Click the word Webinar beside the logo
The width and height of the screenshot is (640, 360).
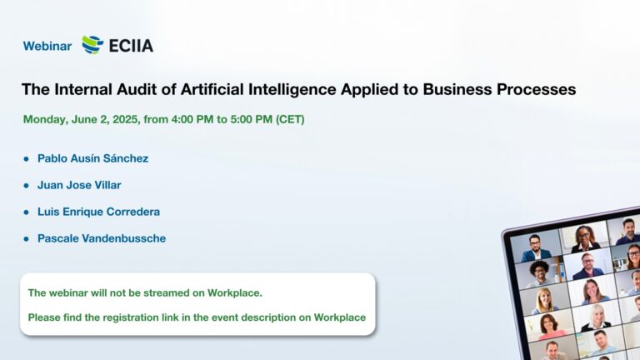pyautogui.click(x=47, y=46)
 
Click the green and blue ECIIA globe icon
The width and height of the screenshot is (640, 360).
pyautogui.click(x=92, y=45)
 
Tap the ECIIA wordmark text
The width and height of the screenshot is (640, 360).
pyautogui.click(x=131, y=46)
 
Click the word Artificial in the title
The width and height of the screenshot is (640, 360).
pyautogui.click(x=212, y=89)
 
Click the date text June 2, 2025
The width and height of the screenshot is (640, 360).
pyautogui.click(x=106, y=119)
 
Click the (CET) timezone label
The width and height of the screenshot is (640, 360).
pyautogui.click(x=290, y=119)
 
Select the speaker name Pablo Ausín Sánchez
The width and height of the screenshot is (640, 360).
pyautogui.click(x=93, y=158)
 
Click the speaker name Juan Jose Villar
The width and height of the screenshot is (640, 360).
pyautogui.click(x=79, y=185)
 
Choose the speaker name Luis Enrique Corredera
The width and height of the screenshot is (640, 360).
pyautogui.click(x=99, y=212)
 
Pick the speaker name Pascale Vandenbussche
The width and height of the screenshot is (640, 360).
pyautogui.click(x=102, y=238)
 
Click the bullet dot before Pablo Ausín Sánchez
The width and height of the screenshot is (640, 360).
pyautogui.click(x=27, y=159)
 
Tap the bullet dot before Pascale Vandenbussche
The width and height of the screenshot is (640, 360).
pyautogui.click(x=27, y=239)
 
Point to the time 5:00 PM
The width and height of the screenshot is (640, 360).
pyautogui.click(x=252, y=119)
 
